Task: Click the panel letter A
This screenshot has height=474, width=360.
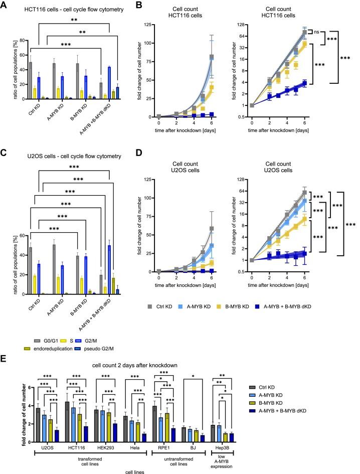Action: [5, 6]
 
